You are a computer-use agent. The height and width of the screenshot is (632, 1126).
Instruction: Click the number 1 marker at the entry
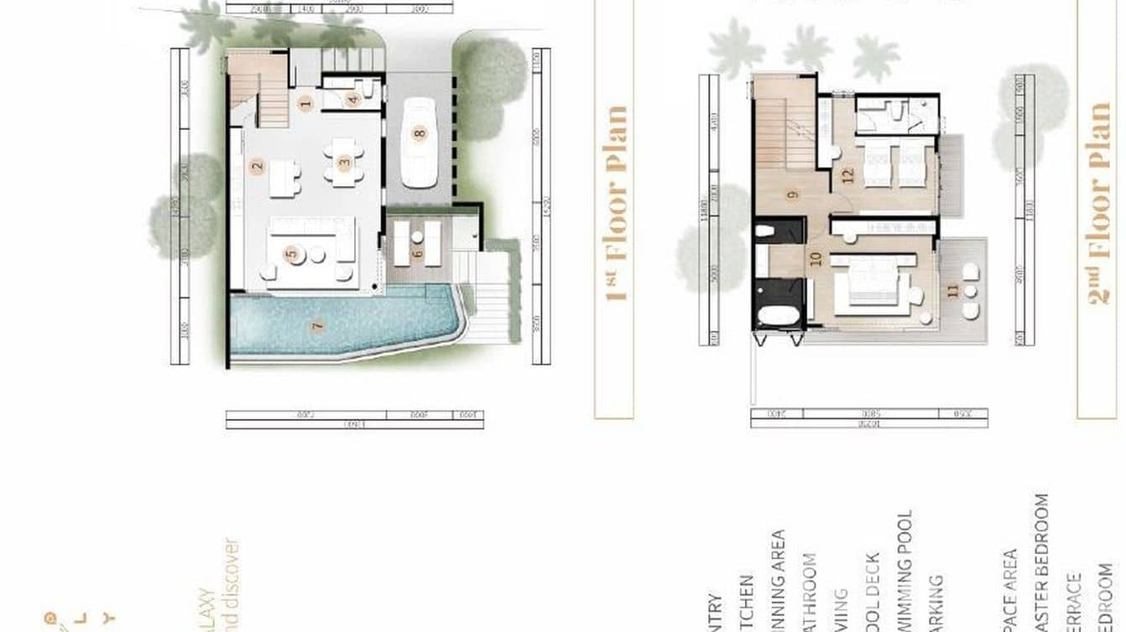pyautogui.click(x=305, y=104)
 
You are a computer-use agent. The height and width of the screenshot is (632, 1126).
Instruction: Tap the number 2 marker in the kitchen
pyautogui.click(x=258, y=165)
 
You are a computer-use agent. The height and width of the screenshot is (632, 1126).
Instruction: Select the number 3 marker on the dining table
pyautogui.click(x=344, y=163)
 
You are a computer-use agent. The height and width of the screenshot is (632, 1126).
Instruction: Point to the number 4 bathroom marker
pyautogui.click(x=353, y=99)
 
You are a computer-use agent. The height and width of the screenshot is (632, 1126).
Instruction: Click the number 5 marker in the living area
pyautogui.click(x=291, y=254)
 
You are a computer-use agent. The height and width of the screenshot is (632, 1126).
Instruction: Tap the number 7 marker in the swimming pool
pyautogui.click(x=317, y=325)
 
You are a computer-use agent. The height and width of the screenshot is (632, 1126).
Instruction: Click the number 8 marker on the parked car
pyautogui.click(x=420, y=132)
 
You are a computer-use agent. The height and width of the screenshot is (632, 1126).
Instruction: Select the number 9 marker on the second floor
pyautogui.click(x=792, y=195)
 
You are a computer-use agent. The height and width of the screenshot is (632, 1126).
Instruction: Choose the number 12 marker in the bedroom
pyautogui.click(x=847, y=174)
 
